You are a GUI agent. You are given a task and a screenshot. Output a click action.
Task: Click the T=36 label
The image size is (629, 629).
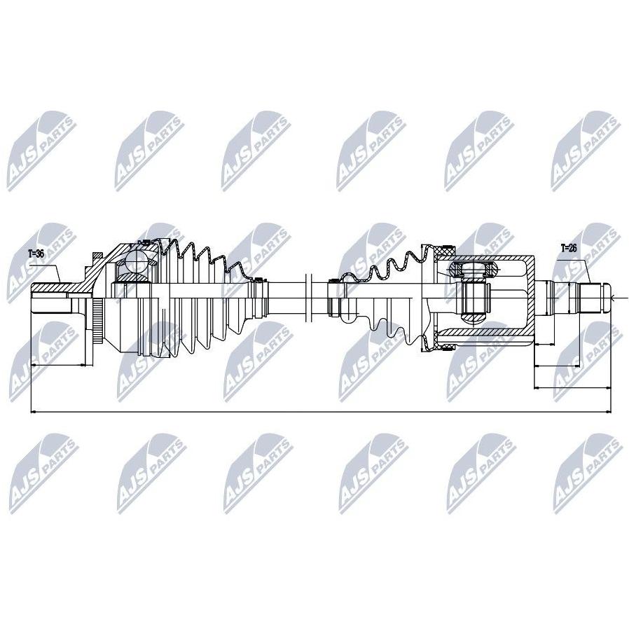tap(36, 254)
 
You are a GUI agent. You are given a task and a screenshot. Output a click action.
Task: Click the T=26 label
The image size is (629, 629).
tap(568, 247)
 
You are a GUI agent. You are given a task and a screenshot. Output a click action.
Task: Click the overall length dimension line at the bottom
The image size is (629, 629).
tap(315, 412)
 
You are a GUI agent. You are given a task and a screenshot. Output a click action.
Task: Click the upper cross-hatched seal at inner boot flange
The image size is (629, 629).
tap(443, 250)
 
